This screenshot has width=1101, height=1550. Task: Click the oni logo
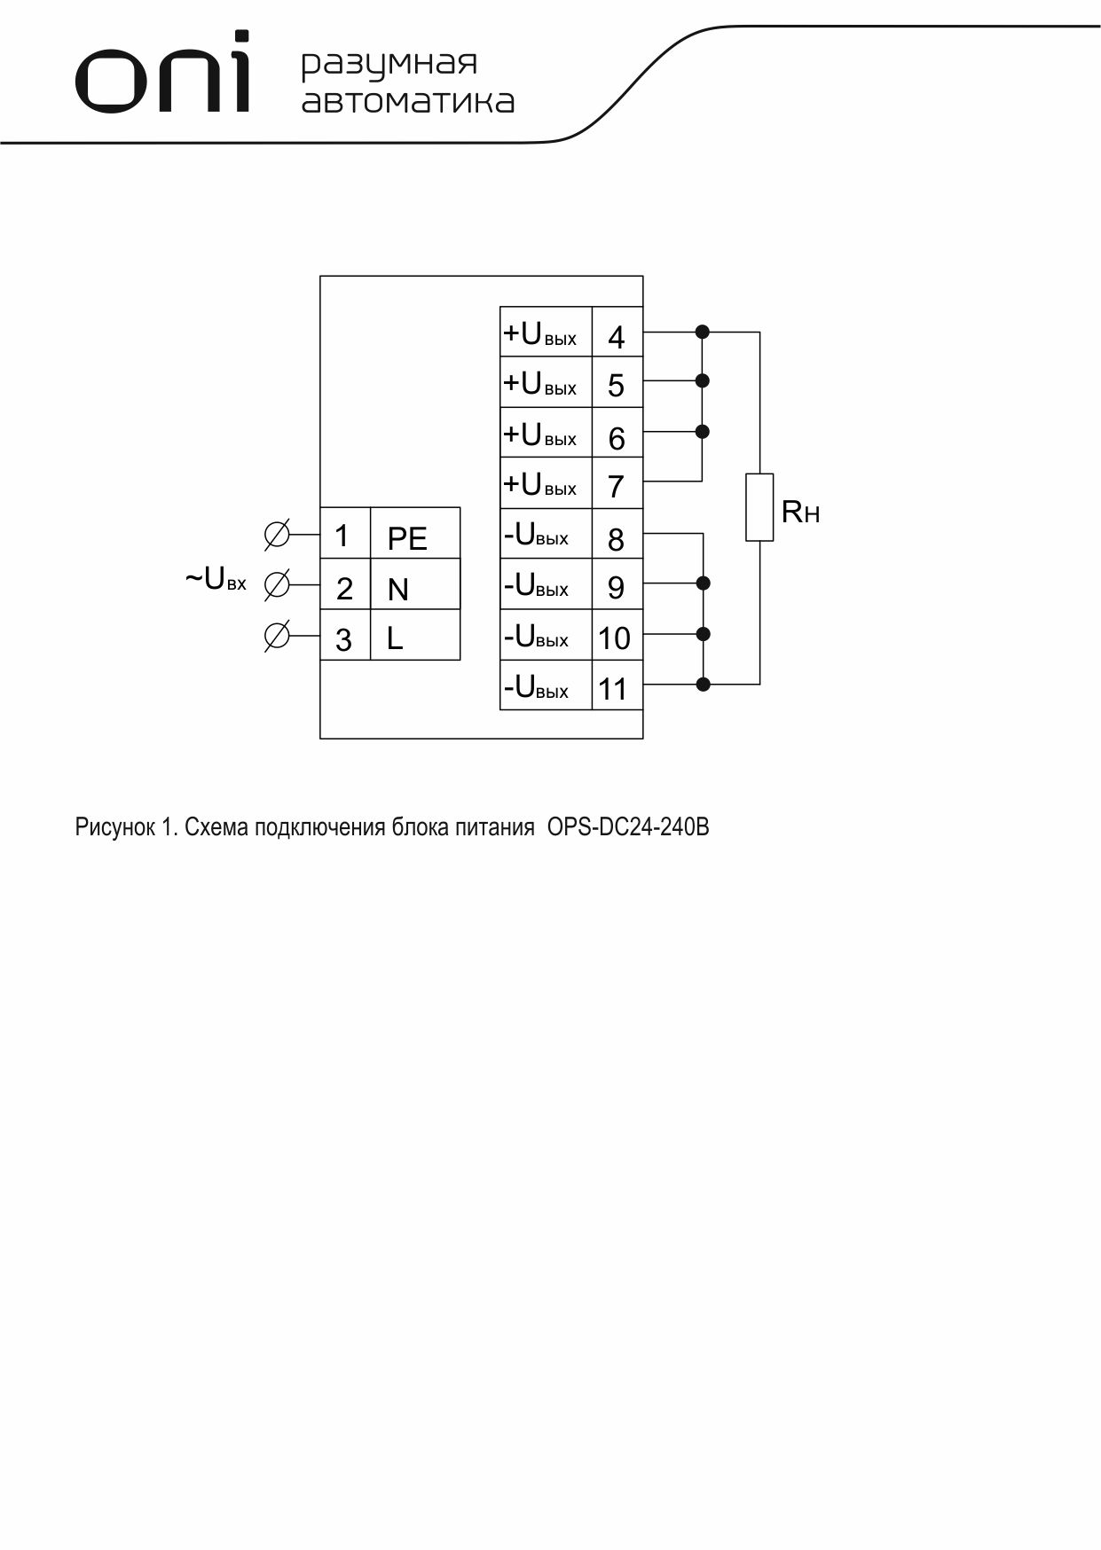[x=162, y=73]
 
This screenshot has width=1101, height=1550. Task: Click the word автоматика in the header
[x=408, y=101]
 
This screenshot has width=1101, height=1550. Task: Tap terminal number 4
[x=616, y=337]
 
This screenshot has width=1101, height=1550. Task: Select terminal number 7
[x=616, y=487]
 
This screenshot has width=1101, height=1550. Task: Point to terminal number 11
[x=613, y=689]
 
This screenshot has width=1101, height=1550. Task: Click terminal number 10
[x=614, y=638]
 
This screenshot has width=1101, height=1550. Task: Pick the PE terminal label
[x=407, y=539]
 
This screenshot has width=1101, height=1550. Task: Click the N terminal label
[x=398, y=590]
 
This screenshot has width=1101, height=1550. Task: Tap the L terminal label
[x=395, y=639]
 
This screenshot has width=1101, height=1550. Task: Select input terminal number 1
[x=342, y=536]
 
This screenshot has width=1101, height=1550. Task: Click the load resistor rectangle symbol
[x=759, y=507]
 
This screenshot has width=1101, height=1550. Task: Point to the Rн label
[x=800, y=512]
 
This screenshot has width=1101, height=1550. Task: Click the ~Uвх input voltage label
[x=216, y=580]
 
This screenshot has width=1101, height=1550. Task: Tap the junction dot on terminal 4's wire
[x=703, y=332]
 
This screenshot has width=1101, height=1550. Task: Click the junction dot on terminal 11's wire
[x=704, y=684]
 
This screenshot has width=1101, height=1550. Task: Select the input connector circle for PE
[x=277, y=535]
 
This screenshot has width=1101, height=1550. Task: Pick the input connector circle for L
[x=277, y=636]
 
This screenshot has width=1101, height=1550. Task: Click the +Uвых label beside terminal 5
[x=539, y=384]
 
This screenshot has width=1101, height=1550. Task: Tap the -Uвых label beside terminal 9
[x=536, y=585]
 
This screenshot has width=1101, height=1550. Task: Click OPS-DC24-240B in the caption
[x=628, y=827]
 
